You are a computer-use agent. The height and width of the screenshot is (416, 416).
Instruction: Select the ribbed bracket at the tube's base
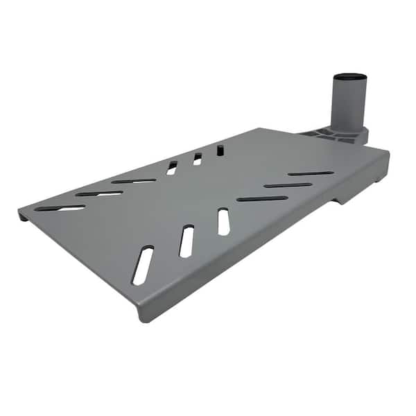(x=326, y=133)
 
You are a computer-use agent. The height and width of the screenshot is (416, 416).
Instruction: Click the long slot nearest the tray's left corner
(x=60, y=208)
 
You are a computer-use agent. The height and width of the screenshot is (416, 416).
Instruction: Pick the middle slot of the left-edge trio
(x=99, y=193)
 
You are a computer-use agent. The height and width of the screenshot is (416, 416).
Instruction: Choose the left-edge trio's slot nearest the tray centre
(x=134, y=181)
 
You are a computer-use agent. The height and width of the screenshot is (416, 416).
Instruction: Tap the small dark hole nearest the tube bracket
(x=220, y=149)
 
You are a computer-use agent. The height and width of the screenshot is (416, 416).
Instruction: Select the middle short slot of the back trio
(x=197, y=159)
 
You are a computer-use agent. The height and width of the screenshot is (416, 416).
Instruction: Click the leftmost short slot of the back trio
(x=172, y=167)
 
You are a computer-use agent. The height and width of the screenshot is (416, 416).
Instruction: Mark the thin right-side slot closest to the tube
(x=311, y=173)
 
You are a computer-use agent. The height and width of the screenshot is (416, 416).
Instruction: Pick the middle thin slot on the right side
(x=288, y=185)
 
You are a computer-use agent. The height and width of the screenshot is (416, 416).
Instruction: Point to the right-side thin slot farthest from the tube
(x=262, y=198)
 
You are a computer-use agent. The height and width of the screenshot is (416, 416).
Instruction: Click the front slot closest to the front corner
(x=143, y=265)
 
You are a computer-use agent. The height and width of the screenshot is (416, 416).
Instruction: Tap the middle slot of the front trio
(x=187, y=241)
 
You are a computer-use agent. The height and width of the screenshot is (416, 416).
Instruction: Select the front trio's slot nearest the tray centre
(x=223, y=221)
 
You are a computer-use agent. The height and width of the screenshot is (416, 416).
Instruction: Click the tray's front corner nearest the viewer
(x=142, y=315)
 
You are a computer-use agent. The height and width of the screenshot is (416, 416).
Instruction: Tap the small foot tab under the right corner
(x=378, y=182)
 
